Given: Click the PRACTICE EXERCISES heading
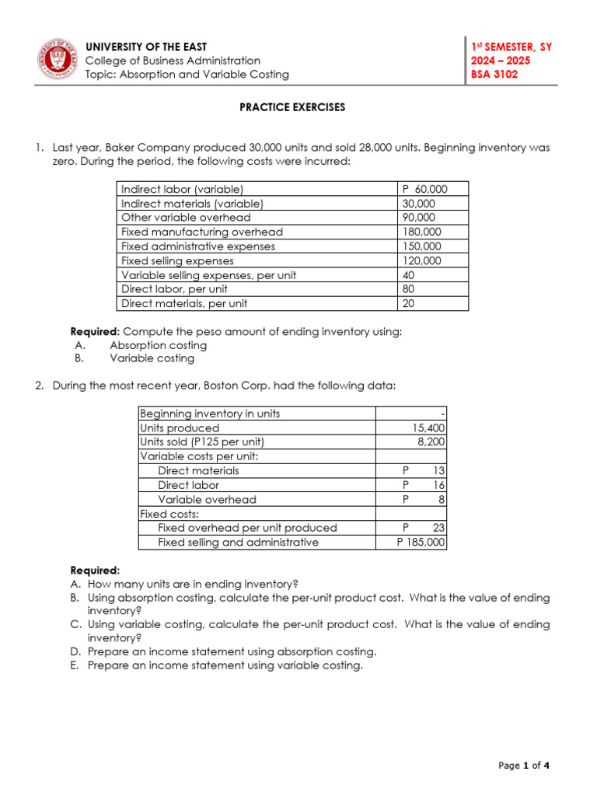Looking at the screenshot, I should (292, 107).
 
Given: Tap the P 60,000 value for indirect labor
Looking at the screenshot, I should (424, 189).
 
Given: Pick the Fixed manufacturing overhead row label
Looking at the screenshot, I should (202, 232).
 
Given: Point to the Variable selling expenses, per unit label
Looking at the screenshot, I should (208, 275).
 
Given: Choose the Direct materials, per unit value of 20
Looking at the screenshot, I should (409, 304).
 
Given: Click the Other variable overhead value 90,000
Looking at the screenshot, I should (419, 218).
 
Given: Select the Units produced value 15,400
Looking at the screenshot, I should (429, 428).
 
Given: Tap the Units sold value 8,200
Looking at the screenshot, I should (432, 442).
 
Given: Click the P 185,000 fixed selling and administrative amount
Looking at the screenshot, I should (421, 543).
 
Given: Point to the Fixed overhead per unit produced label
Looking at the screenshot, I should (247, 528).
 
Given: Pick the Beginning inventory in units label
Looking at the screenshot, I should (210, 414).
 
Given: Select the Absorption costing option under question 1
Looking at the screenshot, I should (158, 345).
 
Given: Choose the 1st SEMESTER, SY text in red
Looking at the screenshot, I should (511, 47).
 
